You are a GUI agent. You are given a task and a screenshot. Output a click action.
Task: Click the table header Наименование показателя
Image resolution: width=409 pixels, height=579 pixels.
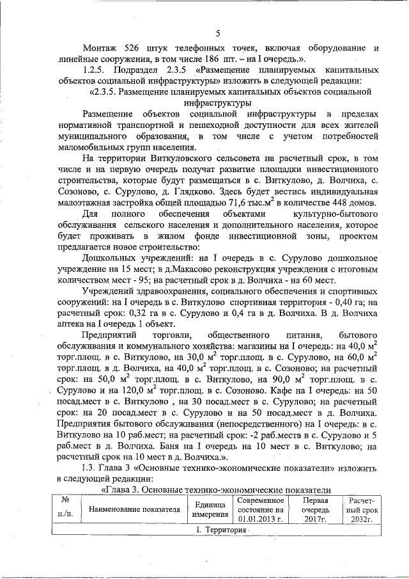click(135, 510)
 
